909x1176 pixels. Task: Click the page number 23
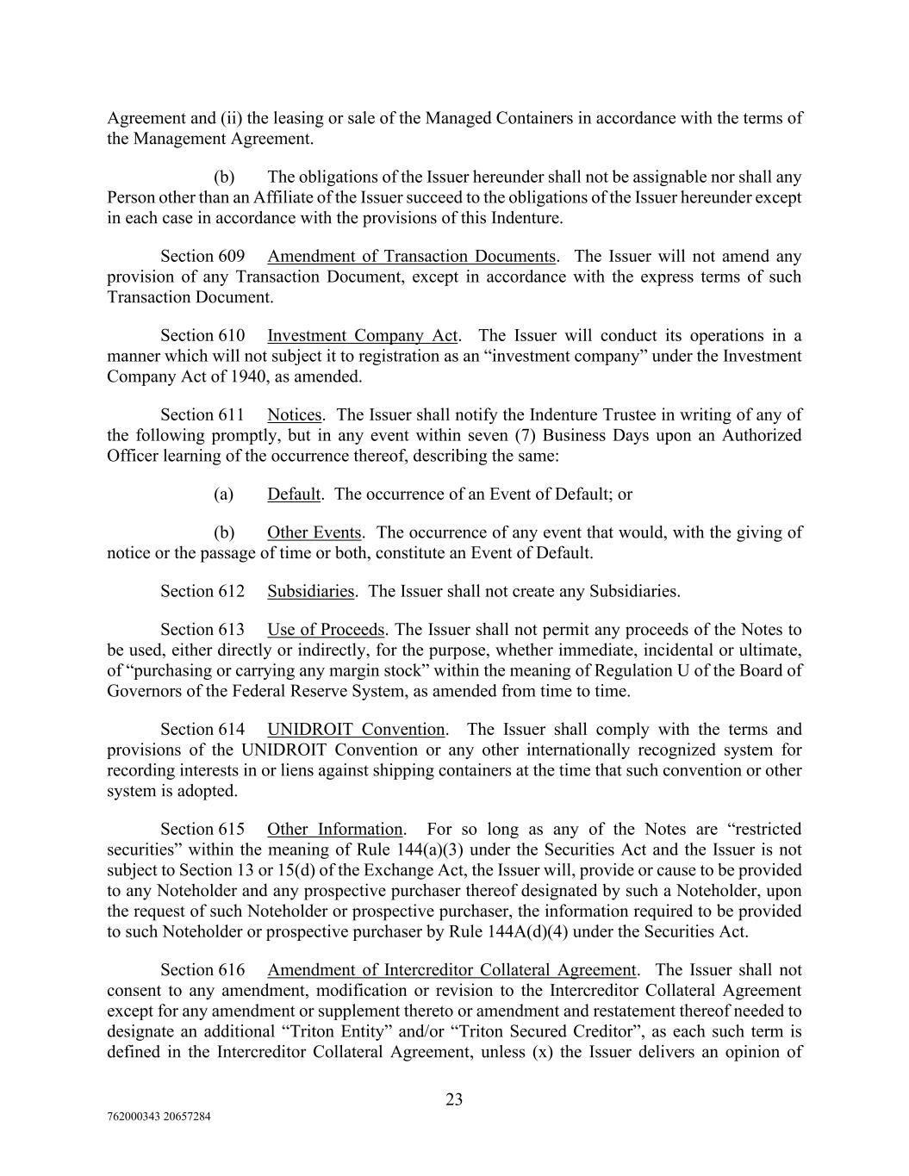tap(454, 1098)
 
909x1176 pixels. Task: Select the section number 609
tap(230, 256)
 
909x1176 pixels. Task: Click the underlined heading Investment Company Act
tap(363, 335)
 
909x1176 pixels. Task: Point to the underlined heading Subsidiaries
tap(310, 591)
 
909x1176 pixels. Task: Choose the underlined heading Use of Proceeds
tap(326, 629)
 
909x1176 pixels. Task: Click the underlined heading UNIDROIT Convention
tap(356, 729)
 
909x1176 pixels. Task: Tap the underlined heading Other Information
tap(334, 829)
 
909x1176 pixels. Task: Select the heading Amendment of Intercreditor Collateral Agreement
tap(451, 969)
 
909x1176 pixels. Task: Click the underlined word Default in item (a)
tap(294, 494)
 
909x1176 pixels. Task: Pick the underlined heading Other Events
tap(314, 532)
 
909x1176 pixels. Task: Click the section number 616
tap(230, 969)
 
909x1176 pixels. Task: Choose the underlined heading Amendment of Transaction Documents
tap(411, 256)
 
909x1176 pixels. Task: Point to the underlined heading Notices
tap(294, 414)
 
